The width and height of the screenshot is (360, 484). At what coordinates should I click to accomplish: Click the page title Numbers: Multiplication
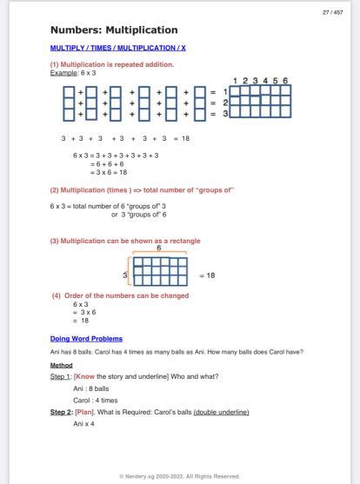(x=114, y=30)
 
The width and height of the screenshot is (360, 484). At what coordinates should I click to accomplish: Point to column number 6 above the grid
(x=284, y=81)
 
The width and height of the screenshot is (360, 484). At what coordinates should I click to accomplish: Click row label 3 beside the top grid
(x=225, y=113)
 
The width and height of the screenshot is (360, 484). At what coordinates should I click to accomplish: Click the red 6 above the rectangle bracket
(x=158, y=248)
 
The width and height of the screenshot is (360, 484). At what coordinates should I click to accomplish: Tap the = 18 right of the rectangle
(x=207, y=275)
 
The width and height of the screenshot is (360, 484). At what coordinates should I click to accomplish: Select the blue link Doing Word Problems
(x=86, y=338)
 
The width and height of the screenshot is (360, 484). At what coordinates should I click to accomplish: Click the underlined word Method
(x=61, y=366)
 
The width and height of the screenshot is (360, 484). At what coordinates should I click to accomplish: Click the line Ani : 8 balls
(x=91, y=388)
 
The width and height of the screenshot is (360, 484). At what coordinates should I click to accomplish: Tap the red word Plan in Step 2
(x=84, y=412)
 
